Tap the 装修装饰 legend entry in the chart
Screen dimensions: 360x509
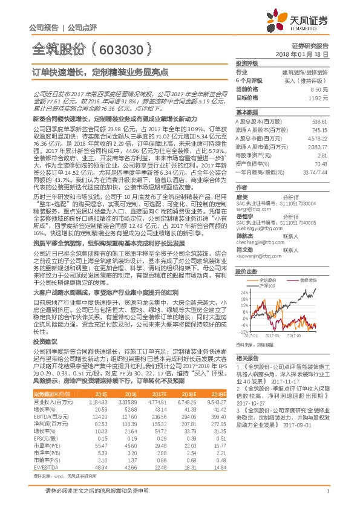click(308, 263)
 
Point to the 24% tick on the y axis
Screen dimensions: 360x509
click(243, 291)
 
